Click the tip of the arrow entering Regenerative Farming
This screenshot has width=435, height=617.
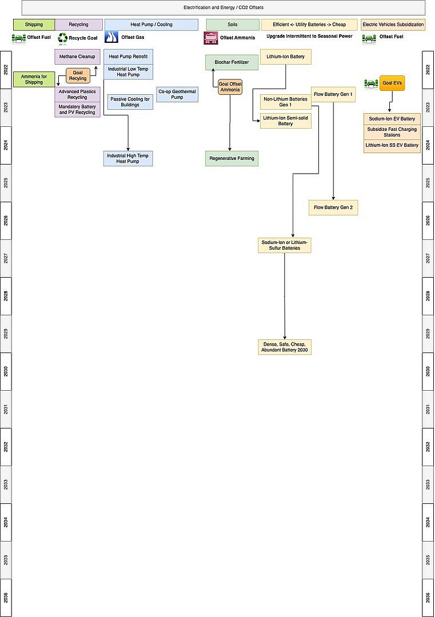click(230, 151)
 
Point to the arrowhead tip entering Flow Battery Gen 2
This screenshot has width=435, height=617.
click(333, 200)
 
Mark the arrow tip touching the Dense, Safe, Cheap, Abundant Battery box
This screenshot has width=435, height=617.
click(285, 339)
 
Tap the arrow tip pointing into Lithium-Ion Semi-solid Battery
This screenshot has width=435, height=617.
click(260, 121)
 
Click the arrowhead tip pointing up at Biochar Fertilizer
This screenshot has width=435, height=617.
click(213, 69)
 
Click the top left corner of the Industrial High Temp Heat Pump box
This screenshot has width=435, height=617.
click(103, 151)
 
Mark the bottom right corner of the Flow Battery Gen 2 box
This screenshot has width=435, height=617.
click(358, 215)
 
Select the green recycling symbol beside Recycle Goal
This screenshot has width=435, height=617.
click(63, 38)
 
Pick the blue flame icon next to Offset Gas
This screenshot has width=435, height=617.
click(111, 37)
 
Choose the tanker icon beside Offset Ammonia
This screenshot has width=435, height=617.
click(210, 38)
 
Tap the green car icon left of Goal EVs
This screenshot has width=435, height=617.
click(371, 83)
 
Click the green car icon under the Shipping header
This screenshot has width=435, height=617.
click(19, 38)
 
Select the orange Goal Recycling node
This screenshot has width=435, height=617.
click(78, 75)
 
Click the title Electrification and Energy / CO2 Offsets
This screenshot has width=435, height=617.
click(224, 7)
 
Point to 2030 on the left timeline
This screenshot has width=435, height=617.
click(6, 371)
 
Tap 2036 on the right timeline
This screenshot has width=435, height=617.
click(428, 598)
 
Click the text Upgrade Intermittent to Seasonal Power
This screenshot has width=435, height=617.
click(309, 36)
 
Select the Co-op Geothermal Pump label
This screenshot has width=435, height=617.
click(177, 94)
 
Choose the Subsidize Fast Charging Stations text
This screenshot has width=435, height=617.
click(392, 132)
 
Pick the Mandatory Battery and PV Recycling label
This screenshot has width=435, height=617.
click(77, 109)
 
